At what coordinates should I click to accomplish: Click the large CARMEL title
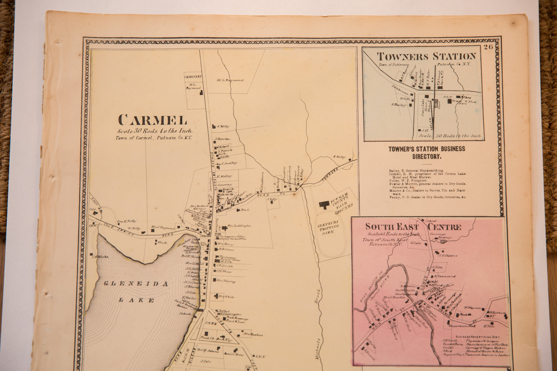pos(152,120)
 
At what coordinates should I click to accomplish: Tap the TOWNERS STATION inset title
pos(426,56)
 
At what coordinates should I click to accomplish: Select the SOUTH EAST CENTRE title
pos(413,227)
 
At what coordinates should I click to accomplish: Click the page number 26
pos(488,47)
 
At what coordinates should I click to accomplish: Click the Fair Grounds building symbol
pos(324,204)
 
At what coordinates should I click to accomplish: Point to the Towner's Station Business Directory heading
pos(426,152)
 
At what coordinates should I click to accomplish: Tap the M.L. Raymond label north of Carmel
pos(230,80)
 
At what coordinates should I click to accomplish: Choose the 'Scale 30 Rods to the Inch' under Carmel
pos(154,131)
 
